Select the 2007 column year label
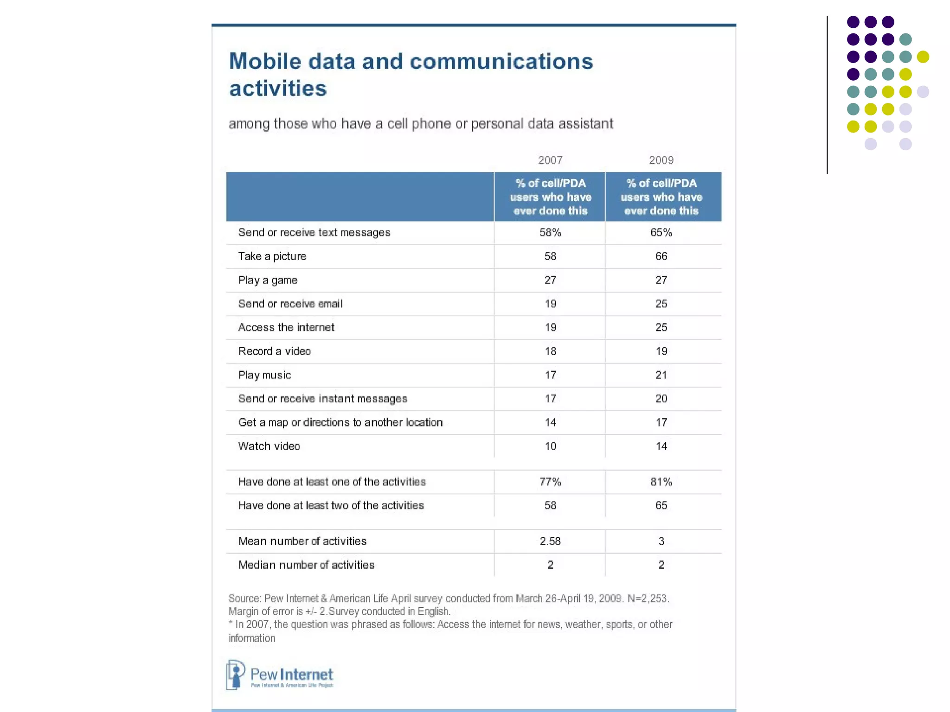click(550, 160)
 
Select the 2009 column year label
click(661, 160)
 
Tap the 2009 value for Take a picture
click(661, 256)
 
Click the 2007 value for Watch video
click(550, 446)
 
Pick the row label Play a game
click(268, 280)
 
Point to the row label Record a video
click(275, 351)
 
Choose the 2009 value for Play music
click(661, 375)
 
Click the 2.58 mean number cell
click(550, 541)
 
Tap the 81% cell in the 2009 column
click(661, 482)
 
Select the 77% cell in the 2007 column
click(550, 482)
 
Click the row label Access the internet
click(286, 328)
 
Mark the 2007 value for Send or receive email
click(550, 304)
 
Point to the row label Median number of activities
click(306, 565)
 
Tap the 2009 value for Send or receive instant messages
click(661, 399)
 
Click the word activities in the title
click(278, 89)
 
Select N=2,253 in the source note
click(648, 598)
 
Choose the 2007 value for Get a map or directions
click(550, 423)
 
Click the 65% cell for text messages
click(661, 233)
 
